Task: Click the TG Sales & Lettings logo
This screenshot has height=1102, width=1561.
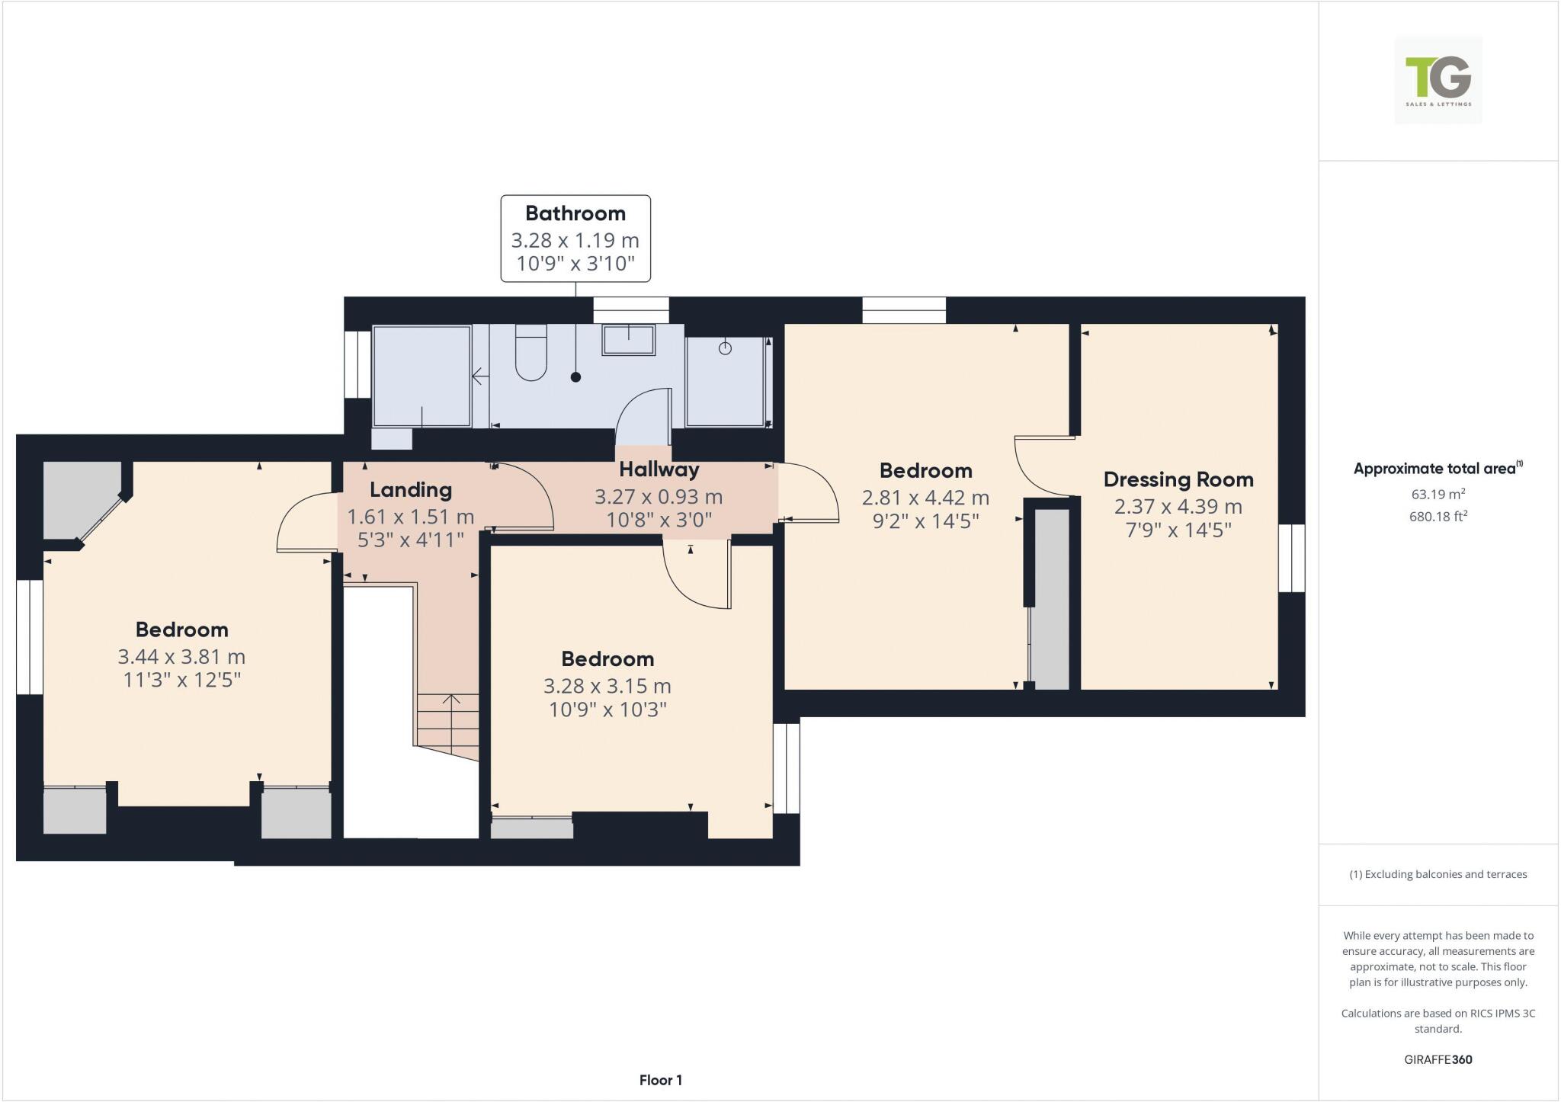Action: (1438, 80)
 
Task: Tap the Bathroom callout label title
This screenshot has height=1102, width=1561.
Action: (575, 213)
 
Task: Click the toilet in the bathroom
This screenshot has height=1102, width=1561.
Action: (531, 353)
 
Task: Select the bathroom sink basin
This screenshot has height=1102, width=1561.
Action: (629, 340)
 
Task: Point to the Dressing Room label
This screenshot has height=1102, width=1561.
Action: (1178, 479)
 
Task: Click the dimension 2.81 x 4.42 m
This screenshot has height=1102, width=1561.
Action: (925, 498)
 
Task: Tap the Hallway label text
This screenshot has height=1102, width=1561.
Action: (659, 469)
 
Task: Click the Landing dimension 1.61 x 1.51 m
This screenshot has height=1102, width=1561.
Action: (410, 517)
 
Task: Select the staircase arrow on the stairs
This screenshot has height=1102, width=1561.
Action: (451, 701)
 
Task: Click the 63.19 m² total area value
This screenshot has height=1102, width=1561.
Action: (1438, 494)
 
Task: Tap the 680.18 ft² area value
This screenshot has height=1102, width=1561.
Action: (1438, 517)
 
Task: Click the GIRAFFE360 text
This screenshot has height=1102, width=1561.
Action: (1438, 1059)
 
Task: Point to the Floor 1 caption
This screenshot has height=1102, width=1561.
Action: (660, 1080)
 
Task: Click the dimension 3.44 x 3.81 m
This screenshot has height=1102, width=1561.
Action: (181, 656)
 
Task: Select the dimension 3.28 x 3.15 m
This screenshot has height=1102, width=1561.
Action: (607, 686)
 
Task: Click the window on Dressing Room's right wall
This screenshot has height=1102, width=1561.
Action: (1291, 558)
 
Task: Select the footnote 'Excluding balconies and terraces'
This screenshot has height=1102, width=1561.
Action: (1438, 874)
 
